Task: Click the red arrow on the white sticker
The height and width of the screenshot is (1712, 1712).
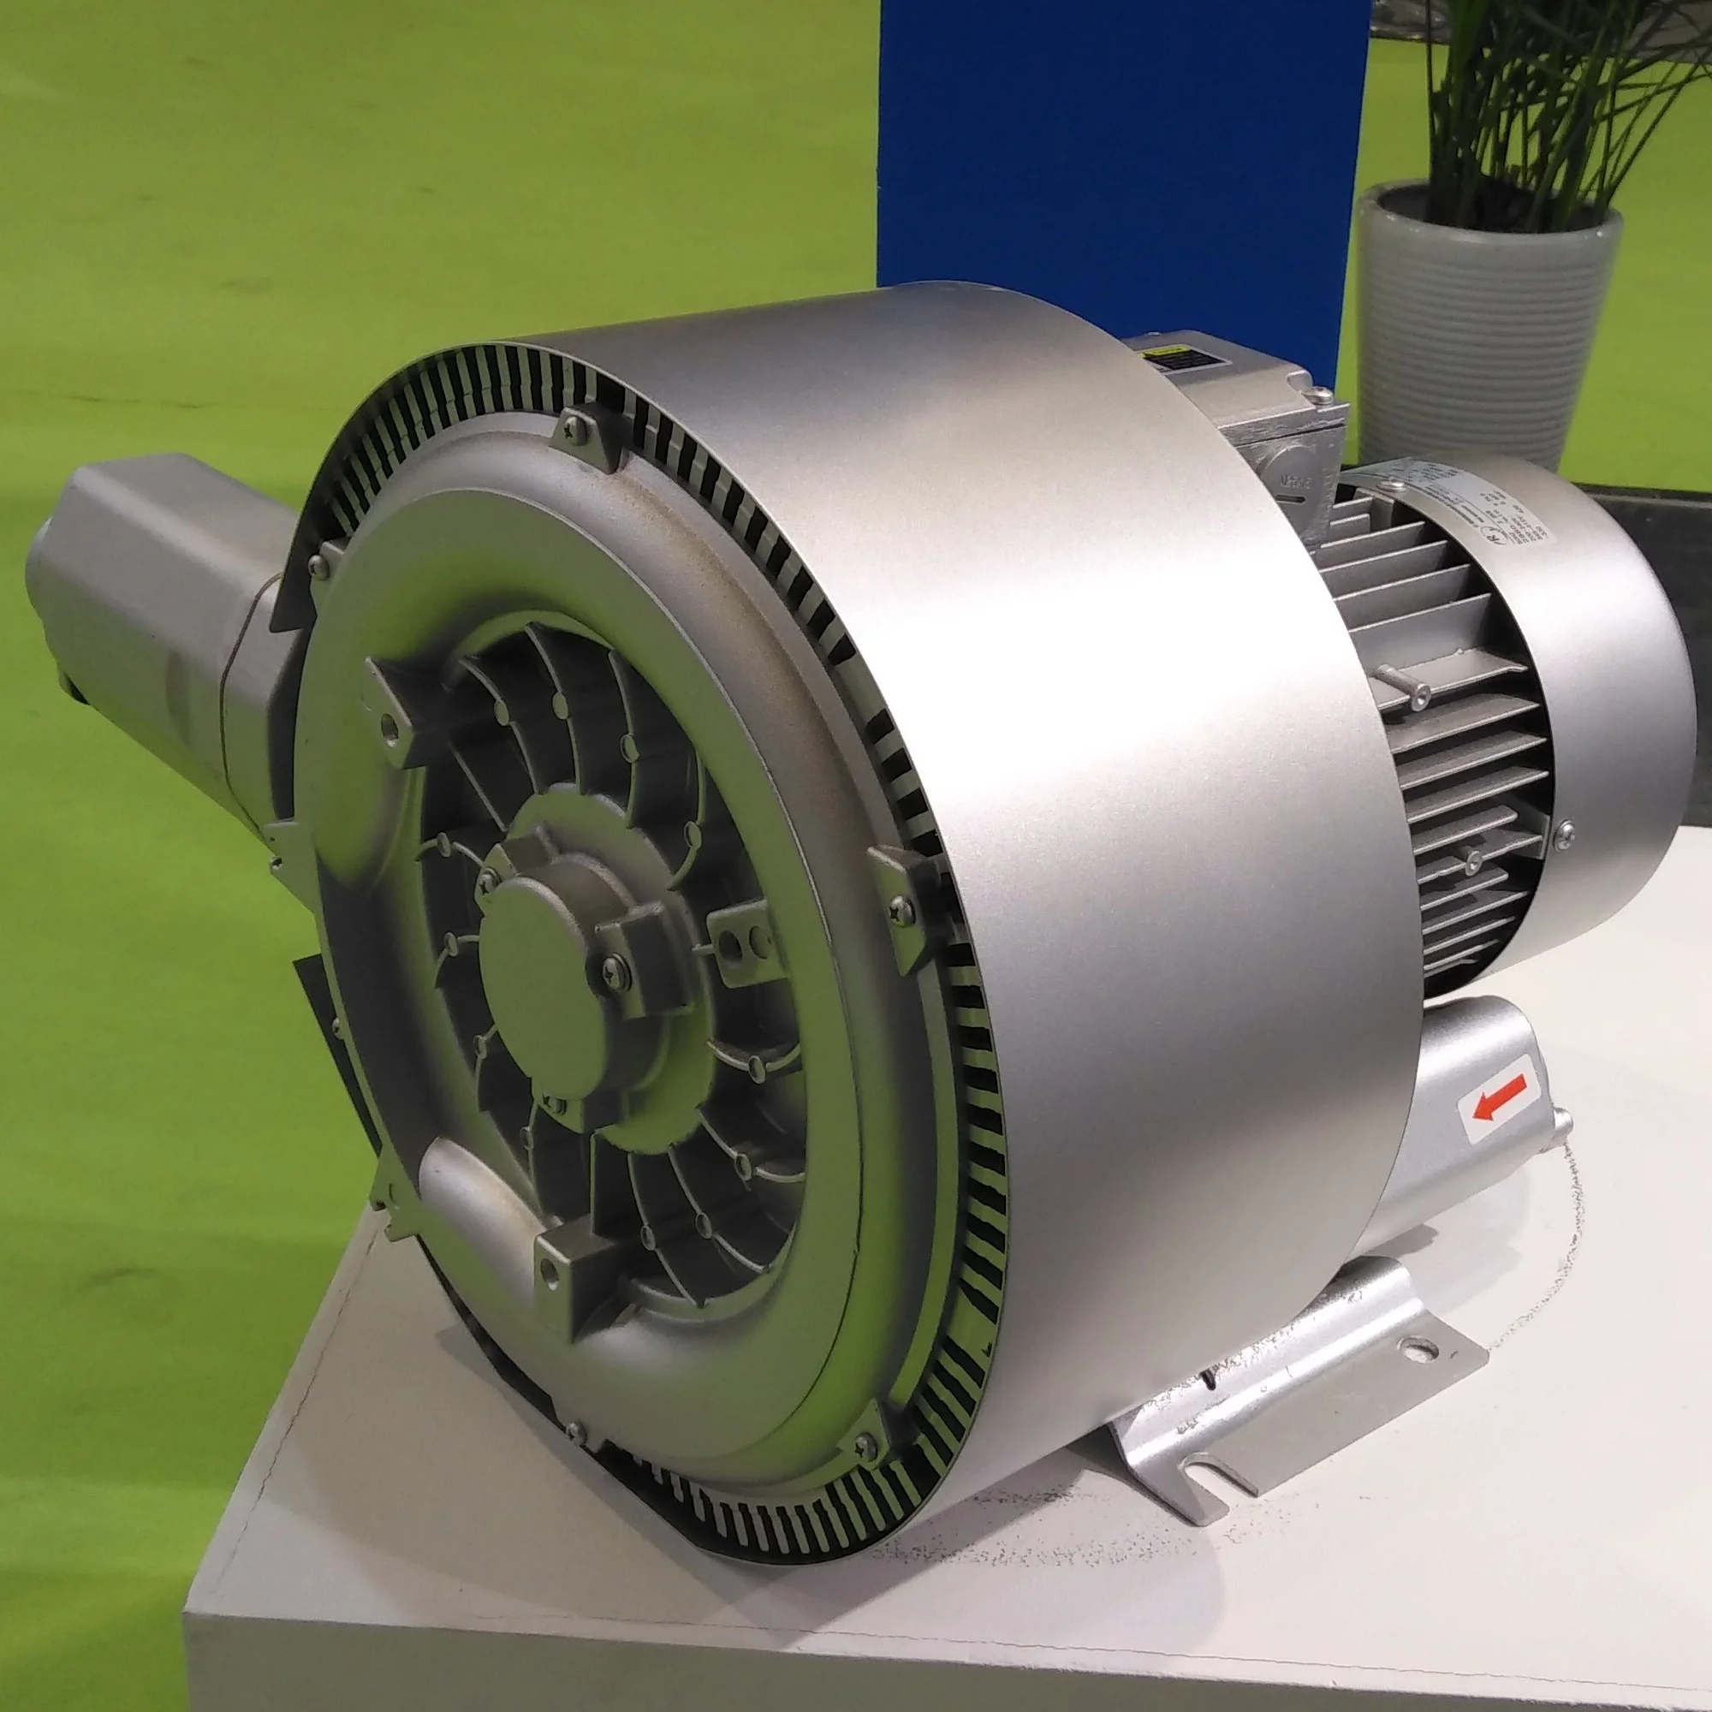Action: (1500, 1098)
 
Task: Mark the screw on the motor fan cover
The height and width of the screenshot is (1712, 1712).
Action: (1564, 830)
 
